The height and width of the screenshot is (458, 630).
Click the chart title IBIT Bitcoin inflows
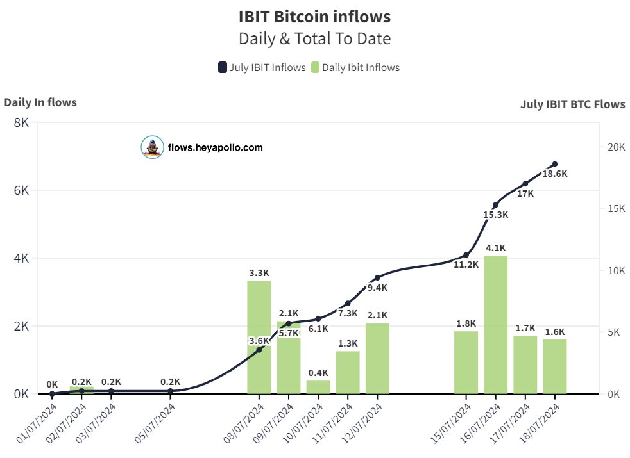click(314, 16)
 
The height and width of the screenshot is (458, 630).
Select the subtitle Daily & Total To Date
click(314, 38)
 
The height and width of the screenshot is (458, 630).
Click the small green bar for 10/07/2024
click(318, 387)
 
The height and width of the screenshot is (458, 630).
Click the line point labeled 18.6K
click(554, 164)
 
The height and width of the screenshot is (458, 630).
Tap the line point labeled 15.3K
click(495, 205)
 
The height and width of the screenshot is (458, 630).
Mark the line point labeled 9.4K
click(377, 277)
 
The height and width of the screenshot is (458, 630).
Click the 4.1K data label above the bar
click(495, 248)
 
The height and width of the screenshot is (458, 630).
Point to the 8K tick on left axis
click(21, 122)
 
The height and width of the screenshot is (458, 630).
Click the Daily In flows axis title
click(40, 102)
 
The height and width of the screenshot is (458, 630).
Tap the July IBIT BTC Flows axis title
click(572, 104)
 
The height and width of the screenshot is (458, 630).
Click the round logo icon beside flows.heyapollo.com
click(152, 147)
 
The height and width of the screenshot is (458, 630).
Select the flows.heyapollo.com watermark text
click(215, 147)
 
